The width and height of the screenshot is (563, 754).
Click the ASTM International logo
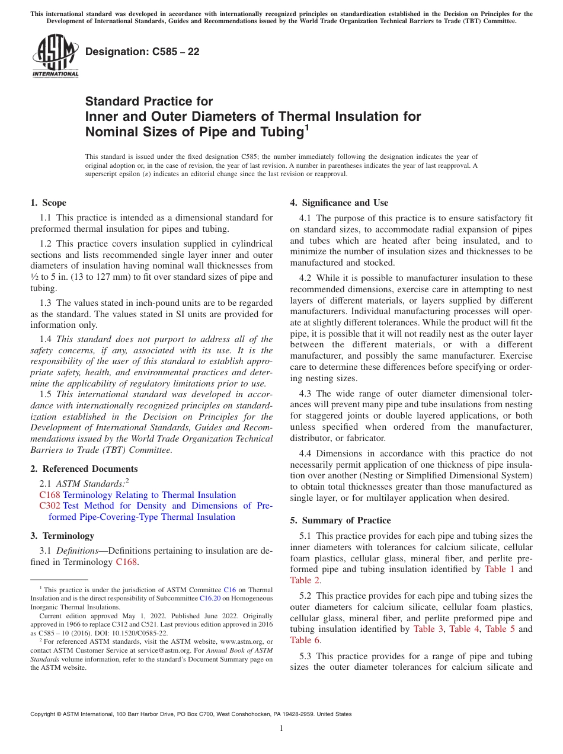[55, 56]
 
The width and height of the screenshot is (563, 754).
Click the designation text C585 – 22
[142, 52]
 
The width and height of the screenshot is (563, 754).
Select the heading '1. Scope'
[49, 203]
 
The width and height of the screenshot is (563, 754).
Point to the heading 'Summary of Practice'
[346, 520]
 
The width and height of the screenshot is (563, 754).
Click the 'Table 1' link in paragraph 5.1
[499, 569]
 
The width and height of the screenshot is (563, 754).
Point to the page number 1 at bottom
[281, 729]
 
